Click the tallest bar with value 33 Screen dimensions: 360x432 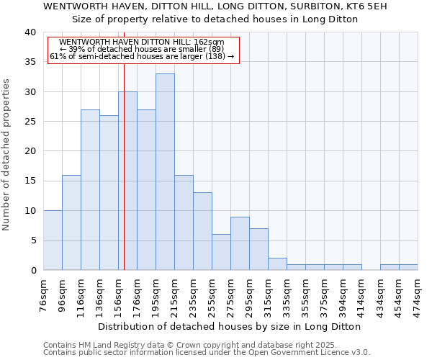tap(165, 172)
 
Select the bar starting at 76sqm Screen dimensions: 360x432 tap(53, 240)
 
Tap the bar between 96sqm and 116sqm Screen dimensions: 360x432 tap(71, 222)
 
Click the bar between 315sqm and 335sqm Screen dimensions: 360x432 tap(277, 264)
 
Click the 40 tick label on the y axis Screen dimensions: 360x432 tap(30, 32)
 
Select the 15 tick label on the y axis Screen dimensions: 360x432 tap(30, 181)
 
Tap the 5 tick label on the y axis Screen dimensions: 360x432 tap(32, 240)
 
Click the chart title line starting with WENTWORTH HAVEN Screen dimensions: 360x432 tap(215, 6)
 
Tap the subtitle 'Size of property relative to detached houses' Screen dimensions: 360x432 tap(215, 19)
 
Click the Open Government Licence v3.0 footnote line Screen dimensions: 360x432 tap(207, 353)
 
